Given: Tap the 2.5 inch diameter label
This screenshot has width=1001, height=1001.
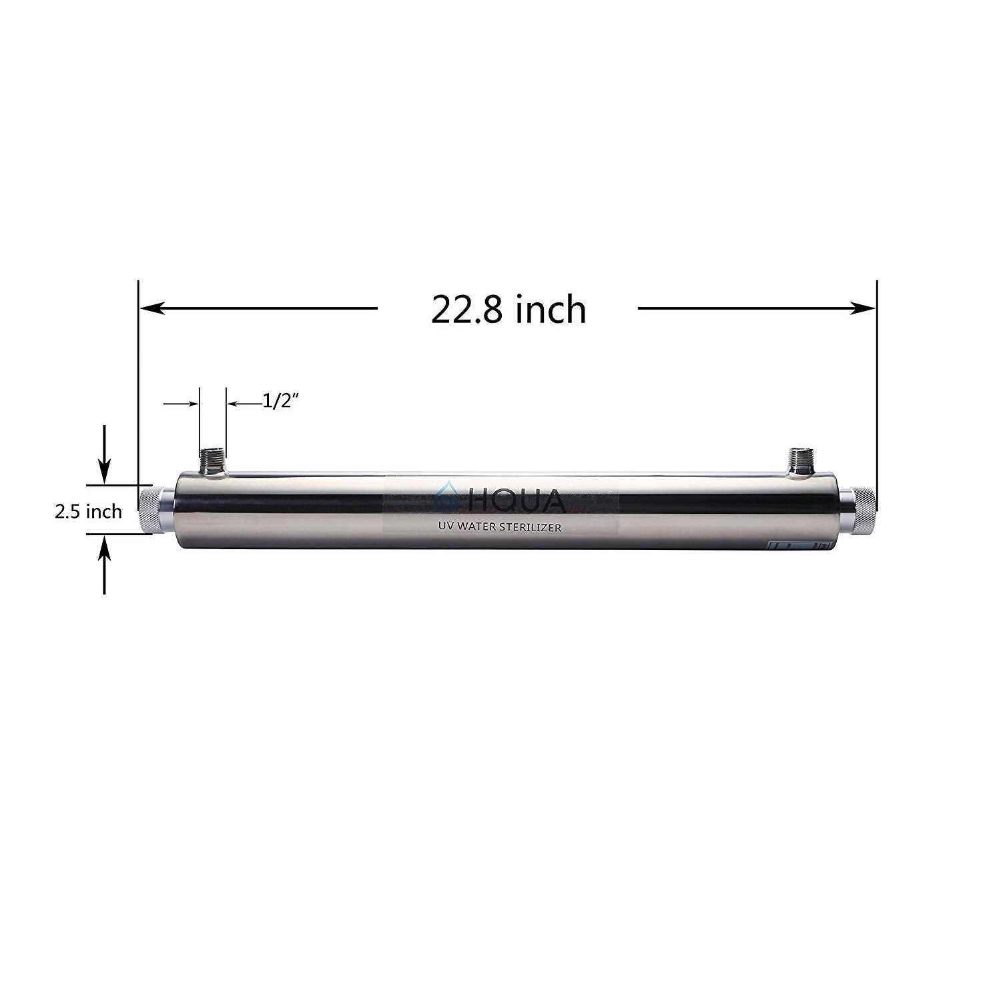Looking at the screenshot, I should click(x=88, y=511).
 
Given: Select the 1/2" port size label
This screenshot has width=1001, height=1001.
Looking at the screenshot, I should click(x=279, y=402).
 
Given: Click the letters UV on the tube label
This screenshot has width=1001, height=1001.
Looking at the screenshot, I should click(x=442, y=527).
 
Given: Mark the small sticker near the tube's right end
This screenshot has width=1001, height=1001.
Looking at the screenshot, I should click(x=801, y=545).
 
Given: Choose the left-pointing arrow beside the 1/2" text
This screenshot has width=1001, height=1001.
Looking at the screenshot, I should click(x=237, y=404).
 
